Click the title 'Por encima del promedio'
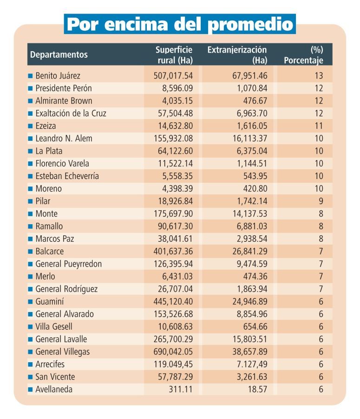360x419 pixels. point(180,24)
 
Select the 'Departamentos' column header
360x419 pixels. point(59,54)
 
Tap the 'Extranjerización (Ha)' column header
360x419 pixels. point(237,55)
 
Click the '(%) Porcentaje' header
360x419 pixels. point(303,55)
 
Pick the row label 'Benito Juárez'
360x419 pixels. point(58,76)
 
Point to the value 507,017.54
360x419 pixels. point(173,76)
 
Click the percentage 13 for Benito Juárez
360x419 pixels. point(319,76)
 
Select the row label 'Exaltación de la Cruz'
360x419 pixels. point(71,113)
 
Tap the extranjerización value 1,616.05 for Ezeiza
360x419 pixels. point(252,126)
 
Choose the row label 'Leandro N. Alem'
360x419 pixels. point(64,139)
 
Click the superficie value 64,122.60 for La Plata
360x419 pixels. point(175,151)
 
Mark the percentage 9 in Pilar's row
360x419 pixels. point(321,201)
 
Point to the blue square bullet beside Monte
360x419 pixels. point(30,214)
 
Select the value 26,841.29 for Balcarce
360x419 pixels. point(250,251)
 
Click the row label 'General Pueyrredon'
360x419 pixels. point(69,264)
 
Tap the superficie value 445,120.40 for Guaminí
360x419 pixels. point(173,301)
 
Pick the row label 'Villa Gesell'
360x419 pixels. point(54,326)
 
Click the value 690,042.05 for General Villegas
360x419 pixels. point(173,352)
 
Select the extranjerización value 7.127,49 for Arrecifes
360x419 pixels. point(252,364)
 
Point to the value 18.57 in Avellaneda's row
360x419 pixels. point(257,389)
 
